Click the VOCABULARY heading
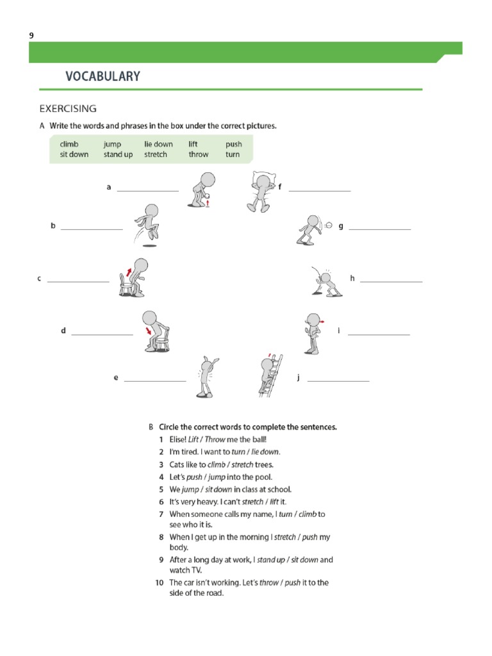click(102, 76)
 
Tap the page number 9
click(31, 36)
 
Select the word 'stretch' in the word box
click(156, 154)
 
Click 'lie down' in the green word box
click(158, 144)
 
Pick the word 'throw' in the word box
click(198, 154)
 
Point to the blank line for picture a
click(147, 190)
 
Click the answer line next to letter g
click(379, 229)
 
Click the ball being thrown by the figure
click(328, 225)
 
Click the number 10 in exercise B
click(159, 582)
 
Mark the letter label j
click(298, 378)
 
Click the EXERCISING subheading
click(68, 108)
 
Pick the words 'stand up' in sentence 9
click(272, 559)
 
